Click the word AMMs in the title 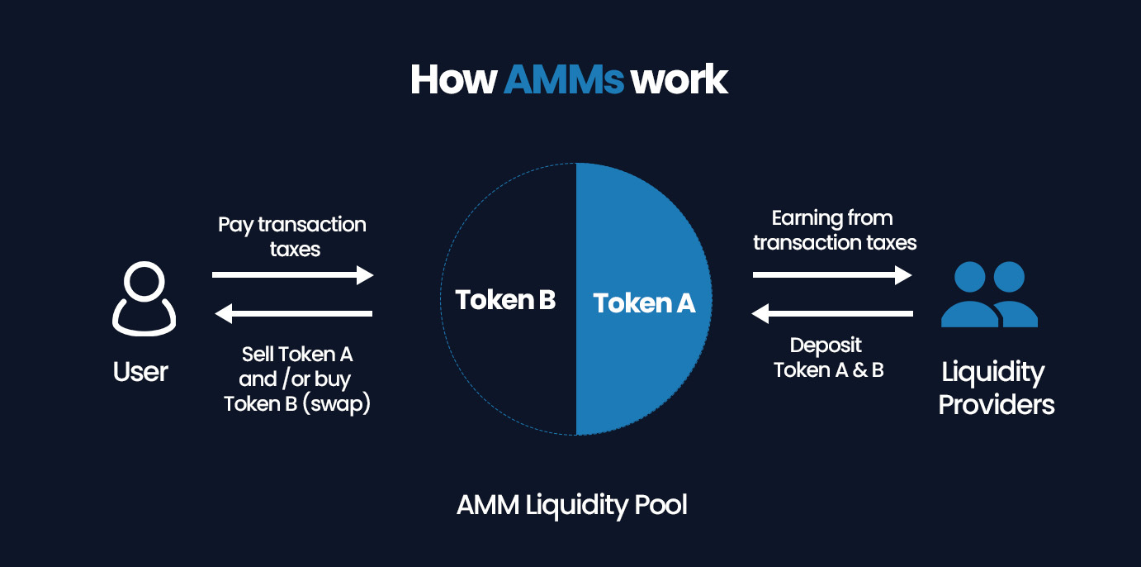coord(563,80)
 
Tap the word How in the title coord(453,80)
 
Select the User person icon coord(144,298)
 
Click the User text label coord(140,372)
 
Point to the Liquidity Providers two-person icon coord(989,294)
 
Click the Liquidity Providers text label coord(997,388)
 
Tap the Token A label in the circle coord(644,303)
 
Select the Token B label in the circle coord(505,300)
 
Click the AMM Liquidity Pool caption coord(571,504)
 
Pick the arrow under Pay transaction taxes coord(293,275)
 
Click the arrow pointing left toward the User coord(293,313)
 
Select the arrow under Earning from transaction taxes coord(833,275)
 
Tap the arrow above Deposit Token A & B coord(833,313)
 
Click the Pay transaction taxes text coord(292,236)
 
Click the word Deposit coord(826,345)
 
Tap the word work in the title coord(679,80)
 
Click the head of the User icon coord(144,280)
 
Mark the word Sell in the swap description coord(258,355)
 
